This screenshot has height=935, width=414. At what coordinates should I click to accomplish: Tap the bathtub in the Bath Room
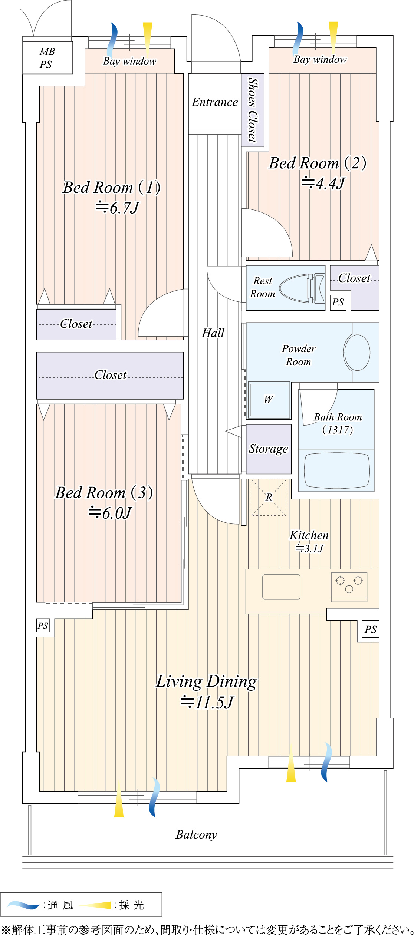pos(336,470)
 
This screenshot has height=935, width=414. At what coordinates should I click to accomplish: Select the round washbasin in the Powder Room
pos(357,353)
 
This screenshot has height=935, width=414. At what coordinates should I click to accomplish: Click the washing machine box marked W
pos(269,400)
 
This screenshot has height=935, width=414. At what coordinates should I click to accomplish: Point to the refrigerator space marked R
pos(269,498)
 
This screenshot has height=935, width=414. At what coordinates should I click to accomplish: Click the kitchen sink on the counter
pos(281,587)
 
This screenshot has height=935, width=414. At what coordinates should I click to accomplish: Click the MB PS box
pos(47,58)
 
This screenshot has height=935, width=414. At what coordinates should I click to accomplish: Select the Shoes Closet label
pos(253,110)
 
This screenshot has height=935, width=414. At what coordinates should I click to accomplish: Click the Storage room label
pos(269,449)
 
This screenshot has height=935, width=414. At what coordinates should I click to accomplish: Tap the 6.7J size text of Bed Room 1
pos(118,208)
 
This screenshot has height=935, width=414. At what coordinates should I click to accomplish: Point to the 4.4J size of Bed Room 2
pos(323,183)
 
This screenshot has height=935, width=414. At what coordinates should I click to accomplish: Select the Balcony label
pos(196,835)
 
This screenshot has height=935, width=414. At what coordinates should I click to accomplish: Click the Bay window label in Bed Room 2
pos(320,60)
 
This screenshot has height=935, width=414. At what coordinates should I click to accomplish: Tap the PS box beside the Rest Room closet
pos(338,302)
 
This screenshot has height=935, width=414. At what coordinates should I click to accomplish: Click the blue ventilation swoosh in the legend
pos(23,905)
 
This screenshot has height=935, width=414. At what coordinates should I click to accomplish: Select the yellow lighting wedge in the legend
pos(96,905)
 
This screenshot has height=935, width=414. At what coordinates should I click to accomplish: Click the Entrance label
pos(215,102)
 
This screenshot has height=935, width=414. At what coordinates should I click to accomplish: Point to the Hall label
pos(213,333)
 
